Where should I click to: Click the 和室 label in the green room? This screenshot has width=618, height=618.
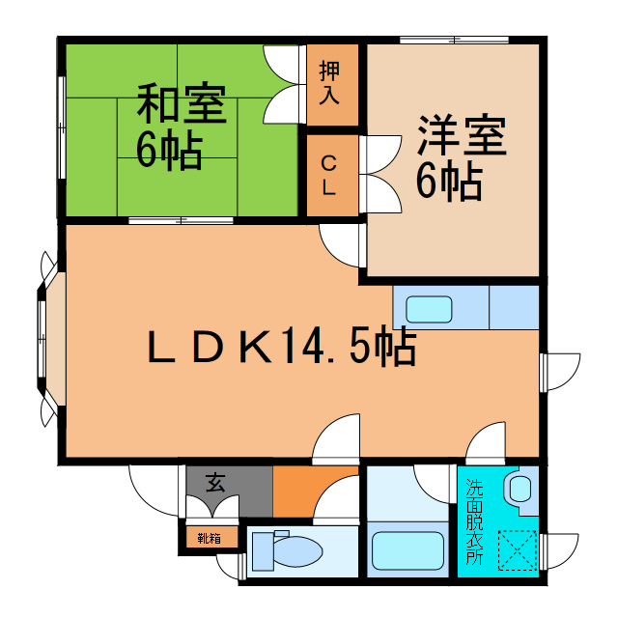181,105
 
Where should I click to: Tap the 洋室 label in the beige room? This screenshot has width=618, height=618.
462,136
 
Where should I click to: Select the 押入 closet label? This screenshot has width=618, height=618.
330,83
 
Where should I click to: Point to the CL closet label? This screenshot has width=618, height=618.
329,175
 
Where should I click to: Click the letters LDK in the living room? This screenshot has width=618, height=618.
208,348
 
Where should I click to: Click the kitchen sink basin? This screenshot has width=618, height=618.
428,309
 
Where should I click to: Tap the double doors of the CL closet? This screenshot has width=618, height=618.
381,175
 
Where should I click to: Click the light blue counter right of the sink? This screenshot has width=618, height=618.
514,308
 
